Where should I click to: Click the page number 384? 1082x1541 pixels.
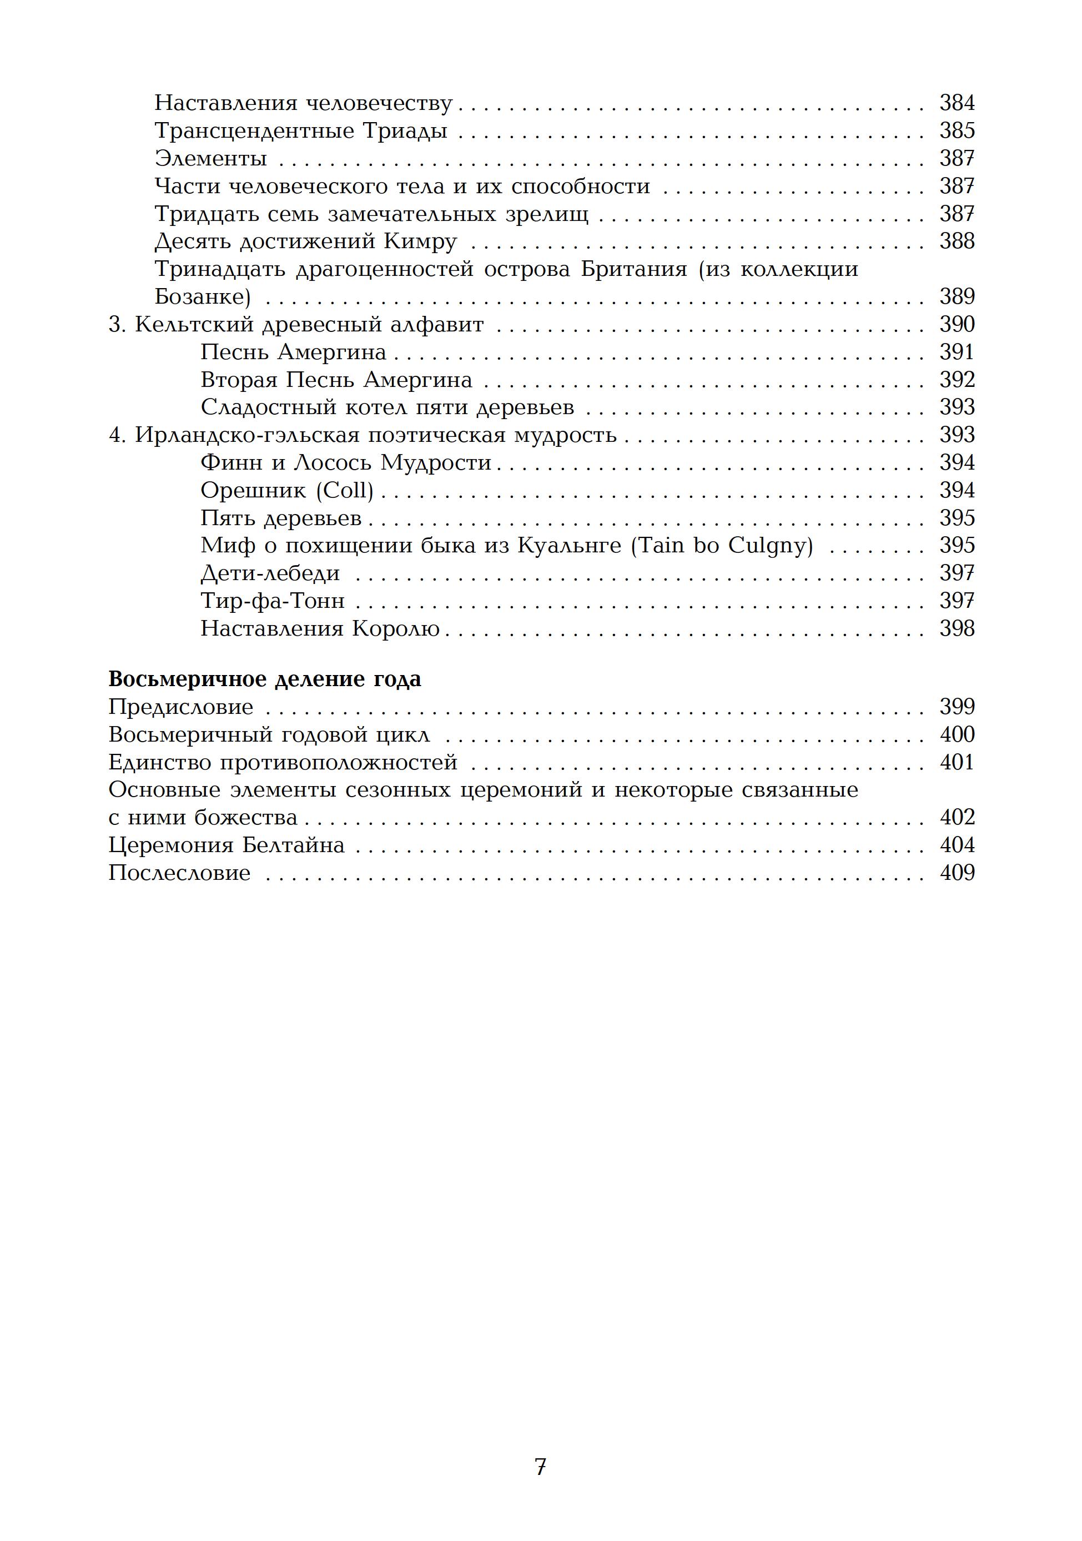[x=957, y=103]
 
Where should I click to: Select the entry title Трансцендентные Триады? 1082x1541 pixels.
[x=301, y=130]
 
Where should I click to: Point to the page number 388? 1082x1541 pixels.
[x=957, y=241]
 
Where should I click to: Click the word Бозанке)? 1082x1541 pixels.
[x=203, y=296]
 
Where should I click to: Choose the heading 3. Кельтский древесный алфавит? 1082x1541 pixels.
[x=296, y=325]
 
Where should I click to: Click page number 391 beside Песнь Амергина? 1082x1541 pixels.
[x=957, y=352]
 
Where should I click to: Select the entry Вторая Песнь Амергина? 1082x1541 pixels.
[x=336, y=380]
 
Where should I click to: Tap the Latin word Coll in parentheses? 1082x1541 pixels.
[x=344, y=491]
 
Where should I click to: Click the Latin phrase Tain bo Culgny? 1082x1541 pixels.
[x=722, y=546]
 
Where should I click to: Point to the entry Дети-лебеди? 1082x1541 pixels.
[x=270, y=573]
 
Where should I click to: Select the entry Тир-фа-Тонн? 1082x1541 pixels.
[x=273, y=601]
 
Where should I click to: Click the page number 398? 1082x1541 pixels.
[x=957, y=629]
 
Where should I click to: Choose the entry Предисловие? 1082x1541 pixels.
[x=181, y=707]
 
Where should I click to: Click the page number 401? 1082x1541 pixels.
[x=957, y=762]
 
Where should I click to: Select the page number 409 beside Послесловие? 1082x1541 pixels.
[x=957, y=873]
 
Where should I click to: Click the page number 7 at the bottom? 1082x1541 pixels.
[x=540, y=1467]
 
